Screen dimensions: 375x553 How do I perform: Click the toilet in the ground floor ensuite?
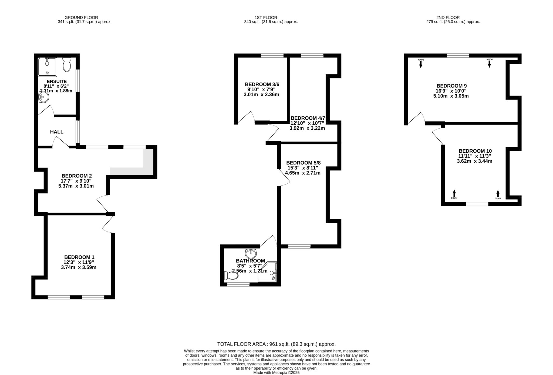click(66, 65)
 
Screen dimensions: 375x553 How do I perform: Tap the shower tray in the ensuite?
click(47, 67)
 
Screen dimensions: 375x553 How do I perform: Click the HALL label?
click(57, 132)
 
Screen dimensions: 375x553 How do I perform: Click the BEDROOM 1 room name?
click(79, 257)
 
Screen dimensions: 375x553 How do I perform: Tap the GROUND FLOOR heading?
click(81, 18)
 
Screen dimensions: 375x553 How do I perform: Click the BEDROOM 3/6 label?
click(262, 84)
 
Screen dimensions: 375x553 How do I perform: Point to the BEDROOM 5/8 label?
click(303, 163)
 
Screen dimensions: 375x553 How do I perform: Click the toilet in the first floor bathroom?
click(232, 276)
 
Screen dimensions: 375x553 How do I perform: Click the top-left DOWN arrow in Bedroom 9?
click(421, 63)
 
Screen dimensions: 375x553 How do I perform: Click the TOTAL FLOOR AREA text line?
click(276, 344)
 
